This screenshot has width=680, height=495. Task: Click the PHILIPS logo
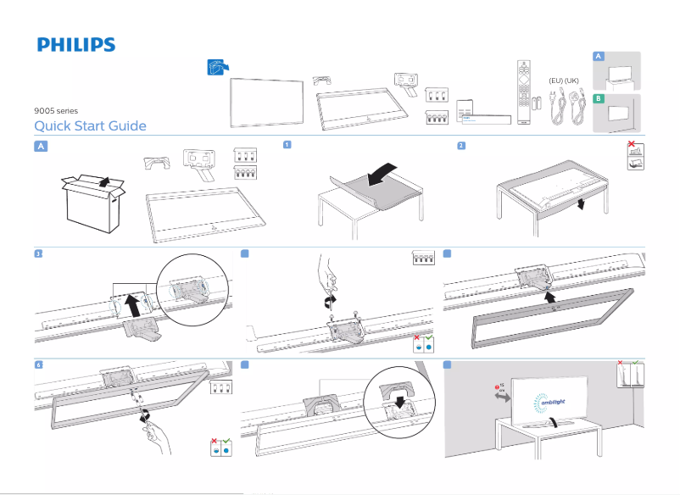[x=75, y=45]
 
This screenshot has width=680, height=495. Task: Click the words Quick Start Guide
[x=90, y=126]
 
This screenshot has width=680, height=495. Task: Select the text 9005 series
[x=56, y=111]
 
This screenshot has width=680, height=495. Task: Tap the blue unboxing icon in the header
[x=218, y=67]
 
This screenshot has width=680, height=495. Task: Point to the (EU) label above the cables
[x=556, y=81]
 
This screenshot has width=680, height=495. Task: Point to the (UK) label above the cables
[x=572, y=81]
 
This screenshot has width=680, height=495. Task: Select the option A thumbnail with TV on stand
[x=616, y=71]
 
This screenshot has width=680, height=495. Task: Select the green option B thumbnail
[x=616, y=114]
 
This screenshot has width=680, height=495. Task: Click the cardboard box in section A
[x=92, y=202]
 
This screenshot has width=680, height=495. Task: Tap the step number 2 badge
[x=460, y=145]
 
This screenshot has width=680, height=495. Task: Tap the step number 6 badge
[x=39, y=364]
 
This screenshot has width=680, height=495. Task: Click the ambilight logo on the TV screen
[x=552, y=402]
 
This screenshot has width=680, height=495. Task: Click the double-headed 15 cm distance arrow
[x=502, y=398]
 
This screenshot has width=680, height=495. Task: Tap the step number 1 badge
[x=287, y=145]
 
